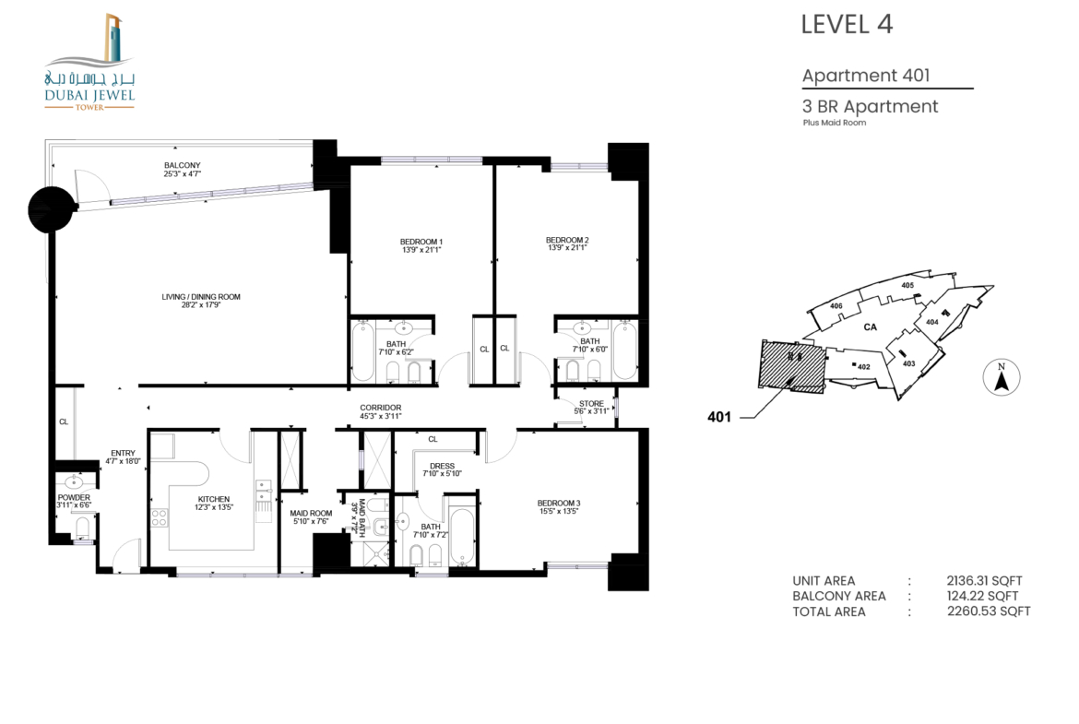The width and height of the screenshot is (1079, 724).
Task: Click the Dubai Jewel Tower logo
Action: [x=89, y=61]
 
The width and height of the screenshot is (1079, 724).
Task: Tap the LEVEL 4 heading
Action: [x=847, y=25]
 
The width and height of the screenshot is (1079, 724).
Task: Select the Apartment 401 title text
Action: [x=866, y=75]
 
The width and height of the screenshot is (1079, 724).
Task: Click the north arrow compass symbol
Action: [x=1002, y=378]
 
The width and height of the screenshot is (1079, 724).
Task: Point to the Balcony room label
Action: [x=183, y=165]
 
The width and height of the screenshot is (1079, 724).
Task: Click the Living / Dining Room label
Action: [x=201, y=297]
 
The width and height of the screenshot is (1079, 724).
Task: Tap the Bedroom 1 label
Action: [x=421, y=242]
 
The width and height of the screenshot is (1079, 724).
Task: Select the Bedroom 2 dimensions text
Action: [x=567, y=248]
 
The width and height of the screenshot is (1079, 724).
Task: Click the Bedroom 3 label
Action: [x=559, y=503]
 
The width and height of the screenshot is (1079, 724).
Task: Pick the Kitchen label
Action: [x=214, y=499]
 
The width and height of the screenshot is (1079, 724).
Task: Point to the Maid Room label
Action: [x=311, y=514]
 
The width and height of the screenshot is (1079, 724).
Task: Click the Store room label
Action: [x=591, y=404]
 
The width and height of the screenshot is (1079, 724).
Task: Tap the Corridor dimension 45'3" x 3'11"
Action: [x=381, y=416]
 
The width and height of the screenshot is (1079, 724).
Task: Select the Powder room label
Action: [x=74, y=497]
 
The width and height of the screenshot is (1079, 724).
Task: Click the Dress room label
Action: [x=442, y=466]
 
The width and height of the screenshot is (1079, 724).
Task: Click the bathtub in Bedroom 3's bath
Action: [x=462, y=536]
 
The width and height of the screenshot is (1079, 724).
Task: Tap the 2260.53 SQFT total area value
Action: [x=989, y=611]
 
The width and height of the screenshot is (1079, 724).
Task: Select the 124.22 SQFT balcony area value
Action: [x=982, y=596]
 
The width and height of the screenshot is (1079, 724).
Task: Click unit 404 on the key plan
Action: [x=931, y=321]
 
